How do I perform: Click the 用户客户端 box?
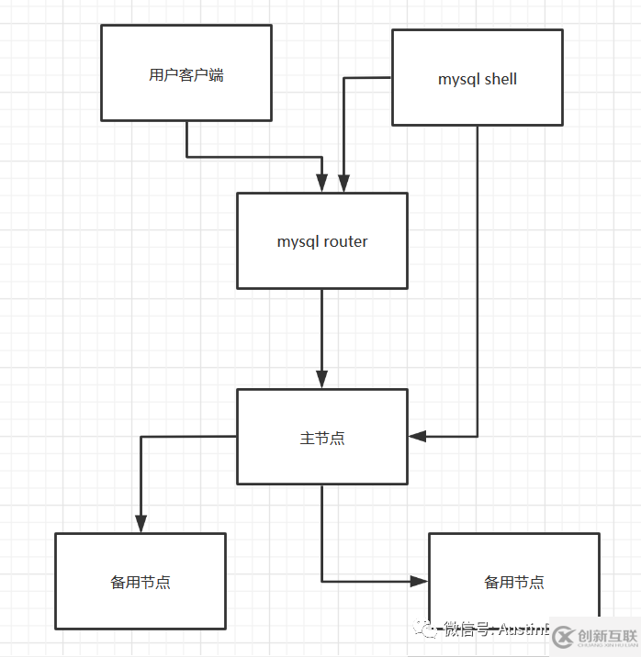(x=186, y=73)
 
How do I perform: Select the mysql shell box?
(x=477, y=78)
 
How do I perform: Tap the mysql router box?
(x=321, y=241)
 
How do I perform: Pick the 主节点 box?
(x=321, y=438)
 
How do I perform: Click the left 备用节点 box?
(x=140, y=582)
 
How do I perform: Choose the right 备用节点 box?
(x=513, y=582)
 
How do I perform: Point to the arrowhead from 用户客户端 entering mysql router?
(x=322, y=184)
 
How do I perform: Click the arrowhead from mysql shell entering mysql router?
(x=343, y=184)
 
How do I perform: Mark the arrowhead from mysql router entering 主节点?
(x=322, y=380)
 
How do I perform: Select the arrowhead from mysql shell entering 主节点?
(x=417, y=437)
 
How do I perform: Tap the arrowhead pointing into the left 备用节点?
(x=140, y=524)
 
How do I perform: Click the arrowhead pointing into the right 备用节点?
(x=420, y=581)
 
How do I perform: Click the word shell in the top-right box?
(x=500, y=79)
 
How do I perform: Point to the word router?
(x=345, y=242)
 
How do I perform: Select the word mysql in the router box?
(x=298, y=242)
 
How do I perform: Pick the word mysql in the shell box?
(x=458, y=79)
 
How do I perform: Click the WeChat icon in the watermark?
(x=424, y=629)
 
